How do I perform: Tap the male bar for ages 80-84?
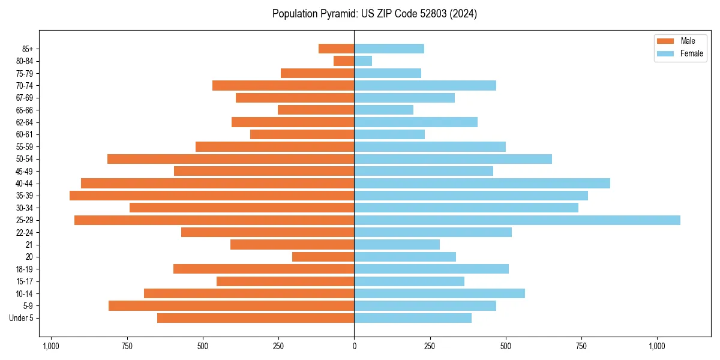click(x=344, y=61)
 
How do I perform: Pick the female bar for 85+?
click(x=389, y=49)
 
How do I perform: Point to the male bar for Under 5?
click(x=256, y=318)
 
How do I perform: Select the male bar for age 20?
click(x=323, y=257)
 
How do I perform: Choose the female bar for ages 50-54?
click(x=453, y=159)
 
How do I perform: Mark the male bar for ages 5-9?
click(x=231, y=306)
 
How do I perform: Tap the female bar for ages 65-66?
click(x=383, y=110)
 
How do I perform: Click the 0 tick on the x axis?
click(x=354, y=346)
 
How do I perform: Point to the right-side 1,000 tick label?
click(x=657, y=346)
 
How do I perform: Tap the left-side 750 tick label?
click(x=127, y=346)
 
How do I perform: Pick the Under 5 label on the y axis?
click(x=22, y=318)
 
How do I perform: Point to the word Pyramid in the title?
click(x=335, y=14)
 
